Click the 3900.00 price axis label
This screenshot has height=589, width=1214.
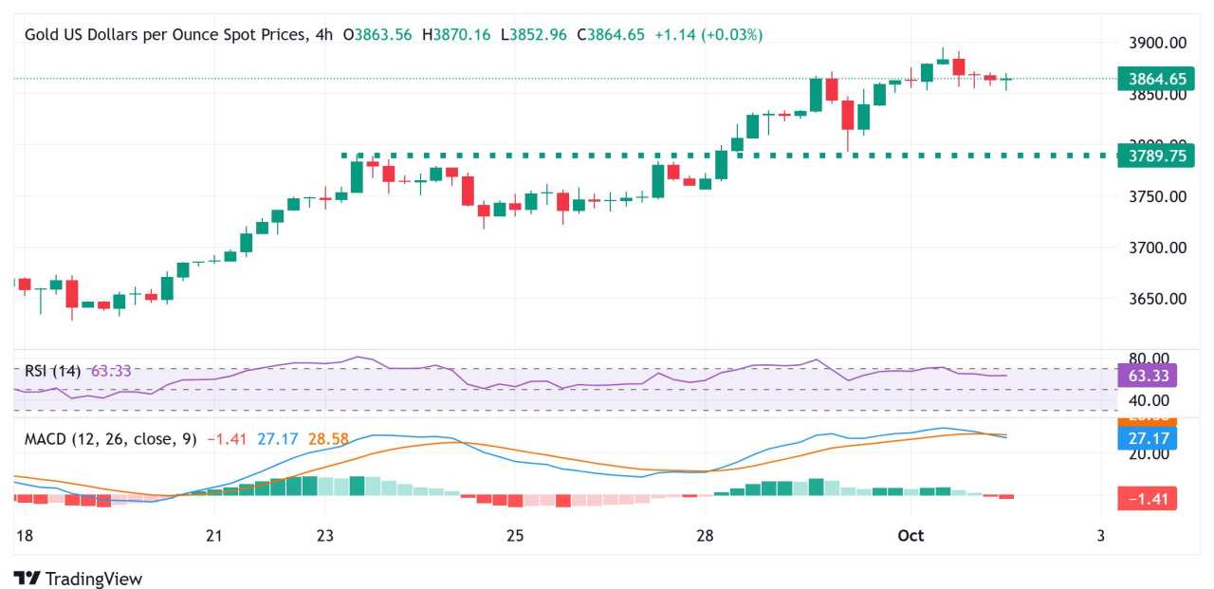(x=1156, y=43)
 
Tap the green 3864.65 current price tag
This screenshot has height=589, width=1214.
(x=1148, y=79)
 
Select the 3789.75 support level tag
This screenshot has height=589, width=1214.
(x=1148, y=156)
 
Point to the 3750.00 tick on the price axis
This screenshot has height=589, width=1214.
(x=1156, y=196)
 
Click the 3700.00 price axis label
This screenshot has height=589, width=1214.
(x=1156, y=248)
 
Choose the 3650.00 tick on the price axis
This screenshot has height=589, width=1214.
(x=1156, y=299)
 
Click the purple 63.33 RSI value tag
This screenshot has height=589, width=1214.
(x=1148, y=376)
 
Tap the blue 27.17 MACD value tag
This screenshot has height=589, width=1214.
(x=1148, y=437)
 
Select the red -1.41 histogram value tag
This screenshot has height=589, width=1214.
(x=1148, y=498)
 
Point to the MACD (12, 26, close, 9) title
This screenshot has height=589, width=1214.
(x=110, y=439)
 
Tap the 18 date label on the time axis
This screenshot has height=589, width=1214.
(x=24, y=536)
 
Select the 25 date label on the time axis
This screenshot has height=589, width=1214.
(x=515, y=536)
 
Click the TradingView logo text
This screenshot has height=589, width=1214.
(x=93, y=579)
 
